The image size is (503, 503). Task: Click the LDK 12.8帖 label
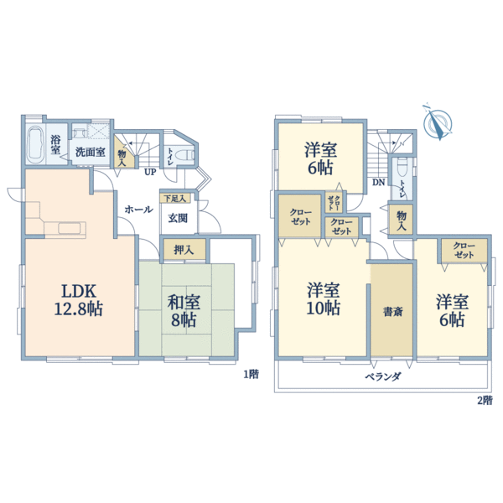(79, 300)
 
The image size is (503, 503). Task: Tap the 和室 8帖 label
(184, 310)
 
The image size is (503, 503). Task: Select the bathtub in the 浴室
(35, 146)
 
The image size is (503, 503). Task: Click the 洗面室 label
(91, 152)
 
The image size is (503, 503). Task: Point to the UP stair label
(150, 172)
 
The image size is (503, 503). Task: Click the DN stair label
(379, 183)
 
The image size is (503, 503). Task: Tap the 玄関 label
(178, 219)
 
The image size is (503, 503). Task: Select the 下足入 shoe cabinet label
(175, 199)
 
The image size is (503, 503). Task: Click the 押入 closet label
(184, 250)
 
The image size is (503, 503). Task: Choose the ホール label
(138, 210)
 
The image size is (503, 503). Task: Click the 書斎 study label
(392, 312)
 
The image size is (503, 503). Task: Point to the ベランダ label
(383, 376)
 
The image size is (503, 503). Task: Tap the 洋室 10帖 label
(323, 299)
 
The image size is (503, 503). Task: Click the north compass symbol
(437, 122)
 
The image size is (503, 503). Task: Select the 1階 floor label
(251, 375)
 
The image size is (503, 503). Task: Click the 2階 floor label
(485, 401)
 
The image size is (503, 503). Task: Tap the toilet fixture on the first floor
(185, 155)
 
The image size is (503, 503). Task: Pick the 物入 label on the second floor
(402, 220)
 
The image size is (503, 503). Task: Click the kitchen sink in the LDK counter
(70, 228)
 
